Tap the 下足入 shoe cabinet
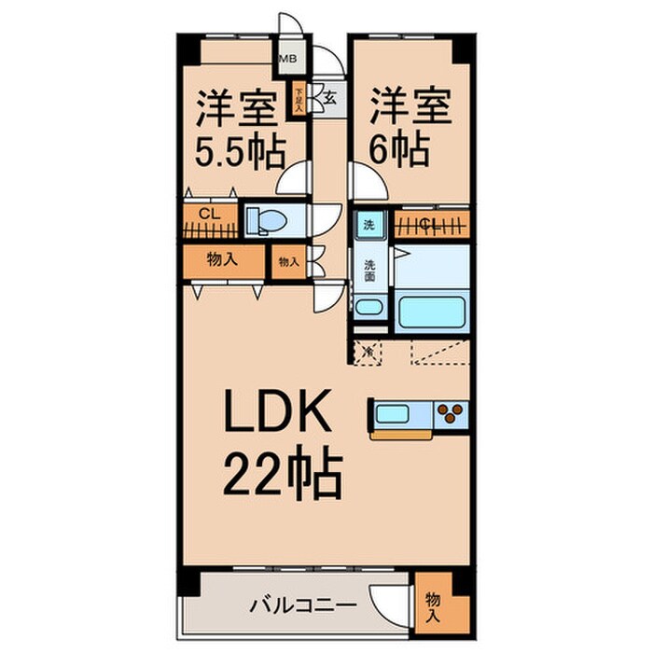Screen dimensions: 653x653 pyautogui.click(x=299, y=98)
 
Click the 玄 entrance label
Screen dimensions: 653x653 pyautogui.click(x=329, y=94)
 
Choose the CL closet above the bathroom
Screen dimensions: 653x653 pyautogui.click(x=431, y=223)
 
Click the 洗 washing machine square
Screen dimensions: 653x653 pyautogui.click(x=368, y=225)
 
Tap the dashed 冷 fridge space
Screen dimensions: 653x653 pyautogui.click(x=368, y=352)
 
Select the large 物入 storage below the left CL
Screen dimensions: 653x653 pyautogui.click(x=222, y=262)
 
